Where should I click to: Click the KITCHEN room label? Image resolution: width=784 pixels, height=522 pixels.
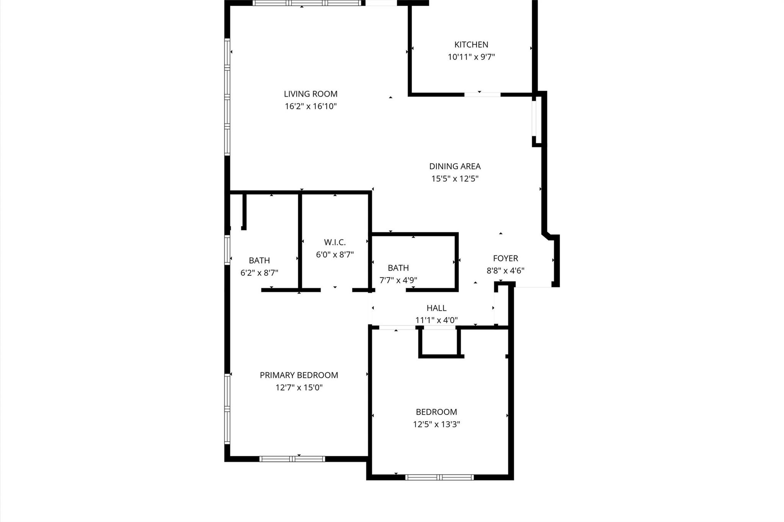(x=471, y=44)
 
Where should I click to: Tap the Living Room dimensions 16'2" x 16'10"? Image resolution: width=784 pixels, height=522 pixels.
(x=310, y=106)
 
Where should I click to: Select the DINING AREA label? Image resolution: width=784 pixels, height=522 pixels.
(x=454, y=166)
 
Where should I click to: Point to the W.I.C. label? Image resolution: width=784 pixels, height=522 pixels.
(x=335, y=242)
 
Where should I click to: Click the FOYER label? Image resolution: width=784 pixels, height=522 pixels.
(x=505, y=259)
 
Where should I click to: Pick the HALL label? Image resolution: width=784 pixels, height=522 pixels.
(x=436, y=308)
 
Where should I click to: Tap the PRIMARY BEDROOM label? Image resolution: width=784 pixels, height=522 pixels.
(x=299, y=375)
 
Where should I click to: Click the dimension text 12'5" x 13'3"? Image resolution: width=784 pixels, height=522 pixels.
(x=436, y=424)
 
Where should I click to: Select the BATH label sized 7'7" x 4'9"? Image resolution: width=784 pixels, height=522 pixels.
(x=398, y=268)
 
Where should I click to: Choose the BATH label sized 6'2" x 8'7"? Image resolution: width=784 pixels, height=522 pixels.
(x=259, y=260)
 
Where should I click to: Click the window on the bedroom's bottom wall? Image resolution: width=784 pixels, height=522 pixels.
(x=439, y=477)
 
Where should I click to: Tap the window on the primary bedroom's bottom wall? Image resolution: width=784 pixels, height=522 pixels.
(x=292, y=459)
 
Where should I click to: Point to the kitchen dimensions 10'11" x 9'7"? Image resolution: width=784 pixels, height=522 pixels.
(x=471, y=57)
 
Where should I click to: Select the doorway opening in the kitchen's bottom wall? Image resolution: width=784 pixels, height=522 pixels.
(x=482, y=94)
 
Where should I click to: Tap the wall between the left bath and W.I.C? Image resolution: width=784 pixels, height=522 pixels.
(x=300, y=241)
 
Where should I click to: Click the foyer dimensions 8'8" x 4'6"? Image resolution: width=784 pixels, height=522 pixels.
(x=505, y=271)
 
